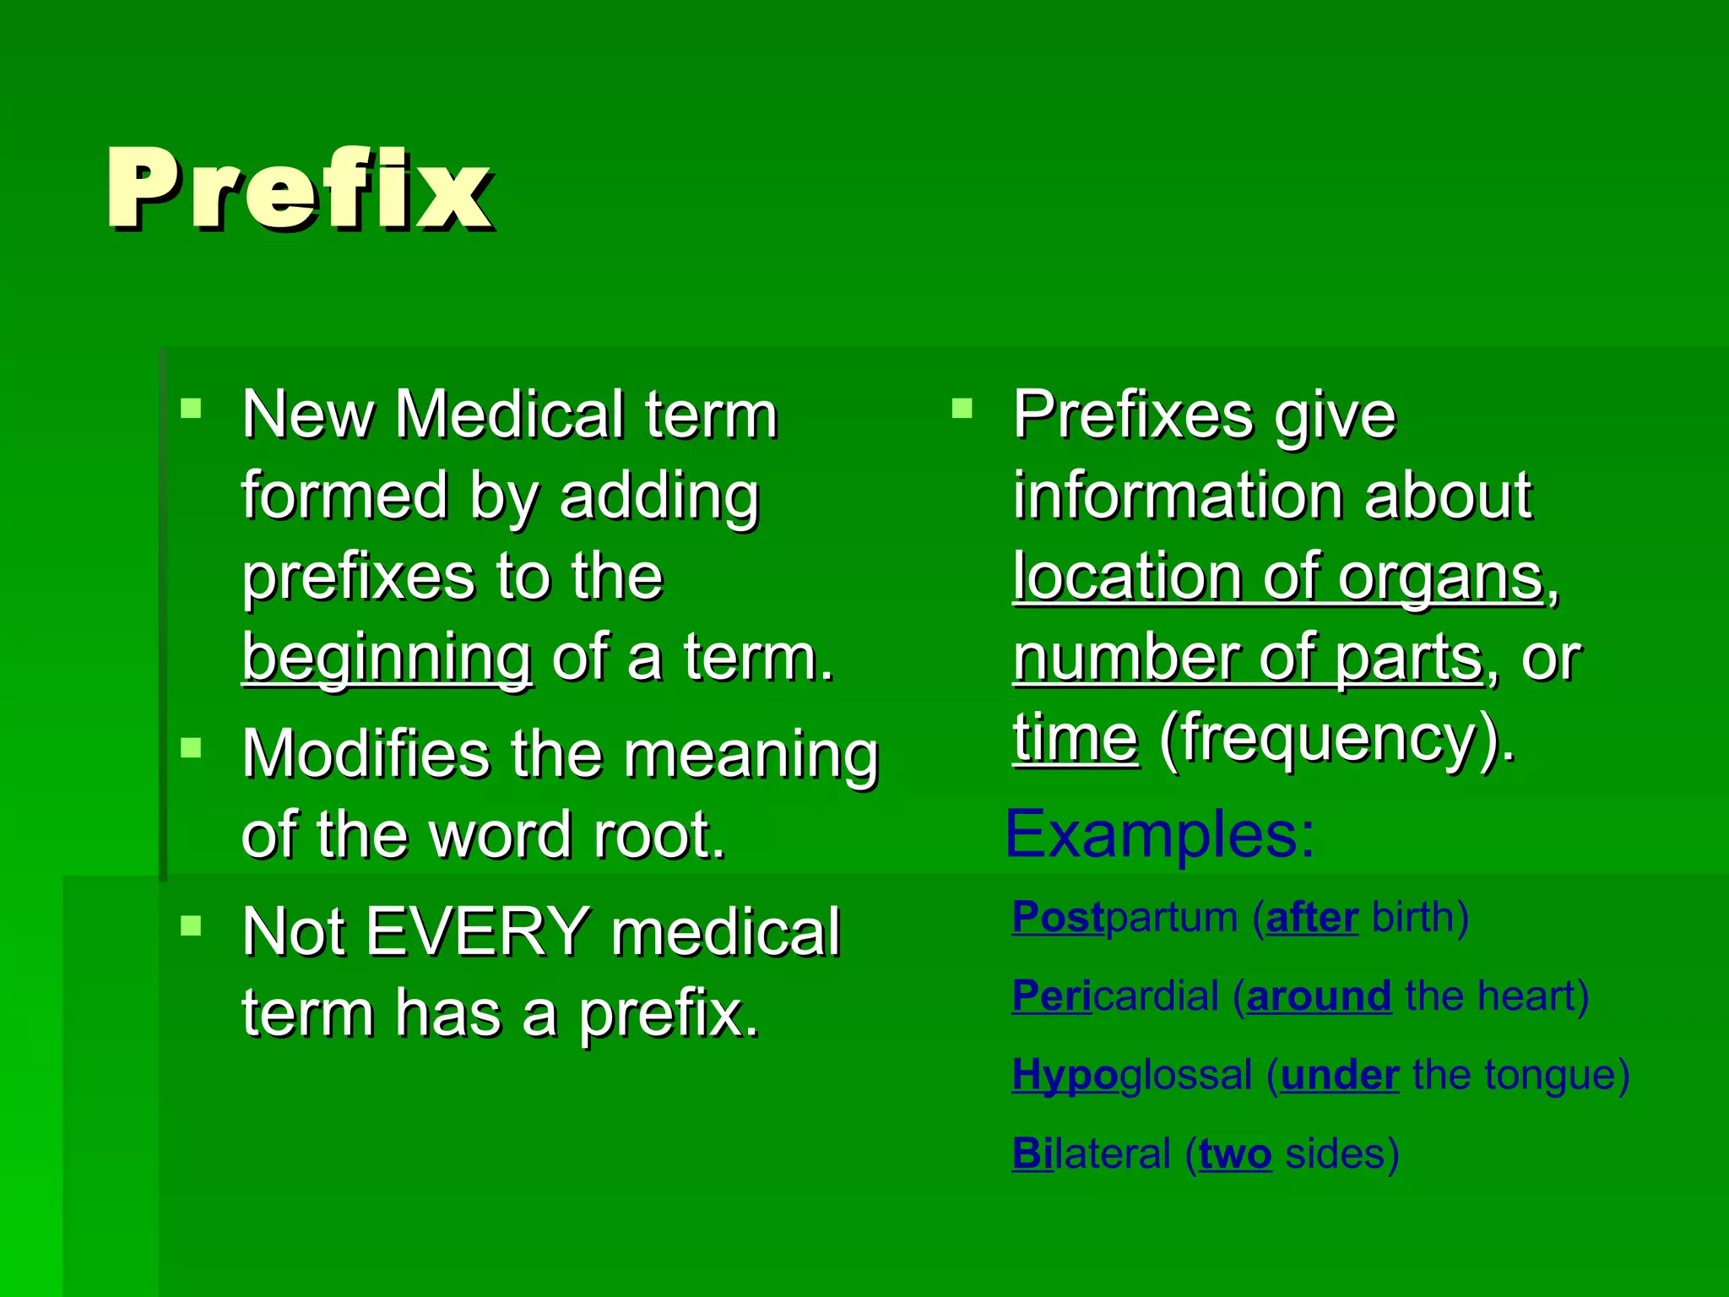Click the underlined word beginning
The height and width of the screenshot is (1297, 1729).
click(387, 658)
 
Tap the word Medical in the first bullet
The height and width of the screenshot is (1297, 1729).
click(509, 415)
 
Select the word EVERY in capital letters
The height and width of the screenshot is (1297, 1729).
click(478, 932)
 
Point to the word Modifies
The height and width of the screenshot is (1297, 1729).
click(366, 753)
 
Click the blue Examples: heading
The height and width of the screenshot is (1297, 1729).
click(1159, 834)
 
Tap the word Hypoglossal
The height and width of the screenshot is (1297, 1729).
click(1131, 1076)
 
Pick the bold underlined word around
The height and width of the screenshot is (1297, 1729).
click(1318, 997)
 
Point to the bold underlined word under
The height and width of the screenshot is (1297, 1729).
click(1339, 1076)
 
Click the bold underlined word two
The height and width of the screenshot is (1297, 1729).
click(1234, 1154)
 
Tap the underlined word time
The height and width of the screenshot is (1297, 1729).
click(1075, 739)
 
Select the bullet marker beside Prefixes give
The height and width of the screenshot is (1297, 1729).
click(962, 410)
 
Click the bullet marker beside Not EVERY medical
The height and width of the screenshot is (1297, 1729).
click(192, 926)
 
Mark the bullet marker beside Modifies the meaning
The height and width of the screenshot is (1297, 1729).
click(192, 748)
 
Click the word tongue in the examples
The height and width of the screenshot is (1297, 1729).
click(1547, 1076)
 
